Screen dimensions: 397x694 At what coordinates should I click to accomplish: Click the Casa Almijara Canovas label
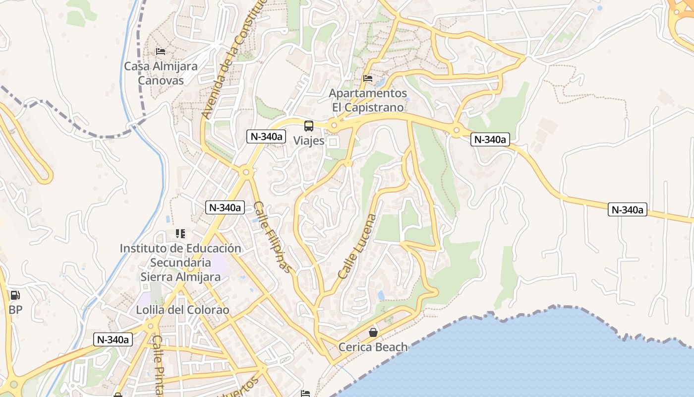point(161,73)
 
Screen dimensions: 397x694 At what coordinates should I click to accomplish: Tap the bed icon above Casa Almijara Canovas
point(160,51)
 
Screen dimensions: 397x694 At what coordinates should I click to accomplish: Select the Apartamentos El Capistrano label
point(368,100)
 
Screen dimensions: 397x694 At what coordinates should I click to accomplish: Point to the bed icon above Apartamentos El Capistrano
point(367,78)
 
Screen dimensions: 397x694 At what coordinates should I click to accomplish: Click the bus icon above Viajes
point(309,126)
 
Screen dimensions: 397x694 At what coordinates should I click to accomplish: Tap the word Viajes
point(309,140)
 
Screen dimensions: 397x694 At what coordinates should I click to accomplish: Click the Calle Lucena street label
point(357,246)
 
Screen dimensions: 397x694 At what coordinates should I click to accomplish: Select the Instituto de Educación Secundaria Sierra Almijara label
point(180,262)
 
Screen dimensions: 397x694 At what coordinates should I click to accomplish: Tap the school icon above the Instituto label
point(180,233)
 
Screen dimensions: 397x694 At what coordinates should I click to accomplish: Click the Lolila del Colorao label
point(183,310)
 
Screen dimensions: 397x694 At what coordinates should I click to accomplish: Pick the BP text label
point(15,310)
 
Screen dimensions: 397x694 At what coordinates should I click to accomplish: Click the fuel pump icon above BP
point(15,295)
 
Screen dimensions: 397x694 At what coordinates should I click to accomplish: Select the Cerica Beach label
point(373,347)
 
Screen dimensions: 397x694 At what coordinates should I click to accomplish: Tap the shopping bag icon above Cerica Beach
point(373,332)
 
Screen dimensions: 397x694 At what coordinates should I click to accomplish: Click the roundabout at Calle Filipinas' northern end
point(246,172)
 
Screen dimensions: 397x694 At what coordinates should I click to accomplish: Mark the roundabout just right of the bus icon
point(334,126)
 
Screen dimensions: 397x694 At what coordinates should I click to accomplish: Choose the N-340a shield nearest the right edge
point(628,210)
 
